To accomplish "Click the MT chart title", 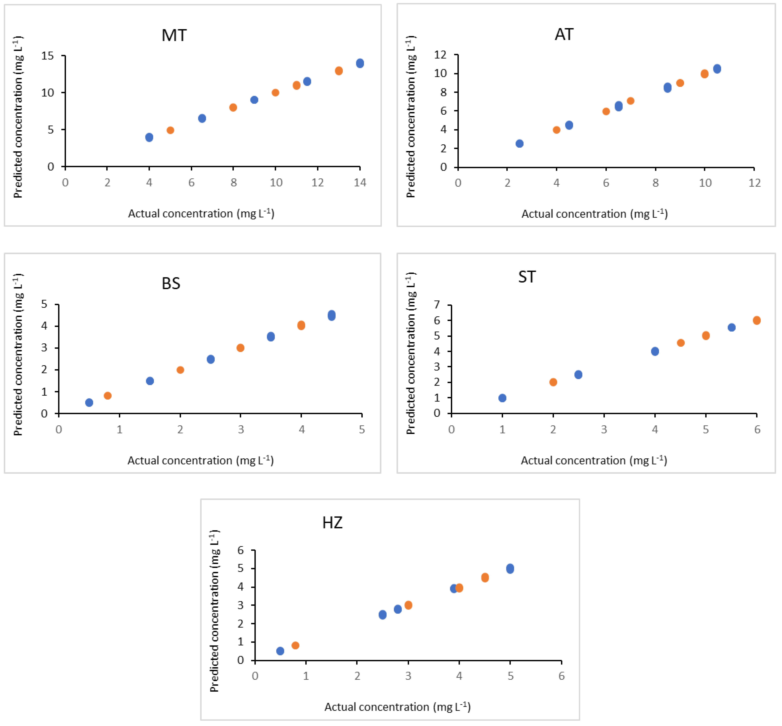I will [x=174, y=35].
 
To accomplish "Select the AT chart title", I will [x=564, y=35].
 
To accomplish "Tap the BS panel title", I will [x=171, y=283].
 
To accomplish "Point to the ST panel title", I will [x=527, y=277].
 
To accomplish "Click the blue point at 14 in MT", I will [x=360, y=63].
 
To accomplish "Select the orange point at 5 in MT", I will [x=170, y=130].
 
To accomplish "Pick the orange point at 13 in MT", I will [x=339, y=71].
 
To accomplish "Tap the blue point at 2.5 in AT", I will [x=520, y=143].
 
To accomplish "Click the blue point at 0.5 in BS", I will [x=89, y=402].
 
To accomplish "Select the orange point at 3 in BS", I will [x=240, y=348].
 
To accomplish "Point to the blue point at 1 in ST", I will [x=502, y=398].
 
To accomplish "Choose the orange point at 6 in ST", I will [x=757, y=320].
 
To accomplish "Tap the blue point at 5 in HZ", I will [x=510, y=568].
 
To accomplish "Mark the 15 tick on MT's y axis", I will [x=48, y=56].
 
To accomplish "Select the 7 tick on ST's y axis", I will [x=437, y=304].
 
